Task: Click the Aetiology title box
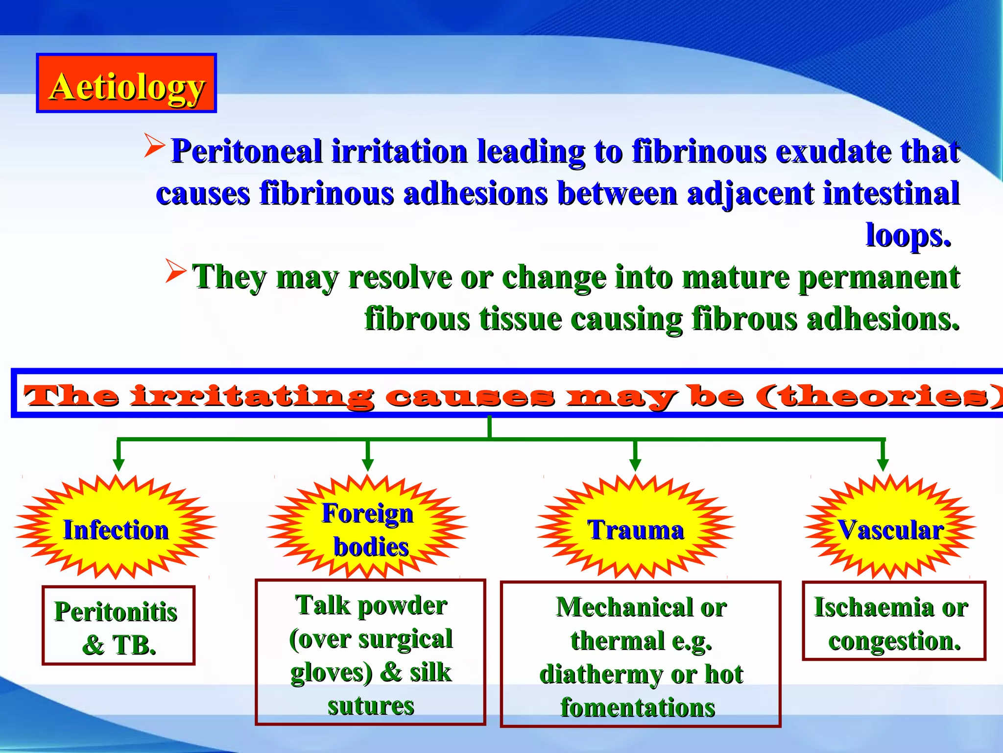(126, 83)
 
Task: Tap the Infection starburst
(116, 528)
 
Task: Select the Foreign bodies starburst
(367, 528)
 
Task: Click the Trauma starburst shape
(635, 528)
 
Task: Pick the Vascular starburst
(890, 528)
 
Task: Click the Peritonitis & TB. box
(118, 626)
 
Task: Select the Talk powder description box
(370, 653)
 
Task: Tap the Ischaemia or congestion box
(894, 622)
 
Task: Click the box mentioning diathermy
(641, 654)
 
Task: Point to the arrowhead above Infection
(119, 464)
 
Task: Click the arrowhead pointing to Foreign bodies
(368, 464)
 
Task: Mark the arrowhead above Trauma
(635, 464)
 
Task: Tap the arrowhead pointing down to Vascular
(883, 464)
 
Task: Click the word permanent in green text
(879, 277)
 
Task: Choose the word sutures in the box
(371, 706)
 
